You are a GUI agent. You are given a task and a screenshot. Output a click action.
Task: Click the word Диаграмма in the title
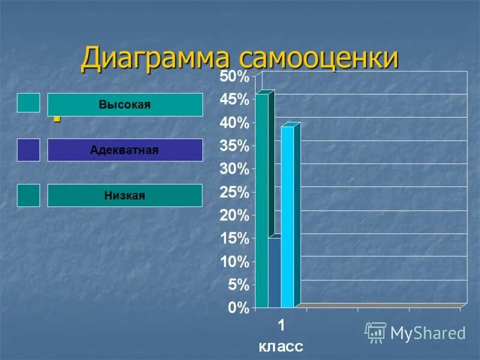coord(157,59)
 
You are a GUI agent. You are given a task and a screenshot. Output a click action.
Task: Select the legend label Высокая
coord(125,105)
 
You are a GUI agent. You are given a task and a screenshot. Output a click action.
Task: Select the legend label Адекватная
coord(125,150)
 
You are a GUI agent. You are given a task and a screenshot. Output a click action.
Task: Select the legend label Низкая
coord(125,196)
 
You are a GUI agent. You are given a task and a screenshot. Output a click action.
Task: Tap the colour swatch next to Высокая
coord(28,103)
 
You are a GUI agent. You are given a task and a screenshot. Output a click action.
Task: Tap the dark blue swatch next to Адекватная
coord(28,149)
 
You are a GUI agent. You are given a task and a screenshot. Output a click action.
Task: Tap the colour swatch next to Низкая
coord(28,196)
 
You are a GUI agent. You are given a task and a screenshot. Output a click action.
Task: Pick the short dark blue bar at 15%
coord(274,273)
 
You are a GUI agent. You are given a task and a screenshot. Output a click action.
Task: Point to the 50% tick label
coord(233,77)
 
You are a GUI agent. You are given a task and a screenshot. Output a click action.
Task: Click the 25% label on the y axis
coord(233,193)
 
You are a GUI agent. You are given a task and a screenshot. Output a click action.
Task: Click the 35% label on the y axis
coord(233,146)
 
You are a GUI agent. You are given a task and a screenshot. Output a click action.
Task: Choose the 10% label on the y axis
coord(233,262)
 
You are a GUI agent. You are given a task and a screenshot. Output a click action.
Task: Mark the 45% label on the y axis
coord(233,100)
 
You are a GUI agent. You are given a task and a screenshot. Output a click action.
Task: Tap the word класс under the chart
coord(281,346)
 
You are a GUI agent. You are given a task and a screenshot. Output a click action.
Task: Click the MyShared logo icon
coord(376,332)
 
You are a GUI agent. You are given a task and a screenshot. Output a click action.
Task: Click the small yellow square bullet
coord(57,118)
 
